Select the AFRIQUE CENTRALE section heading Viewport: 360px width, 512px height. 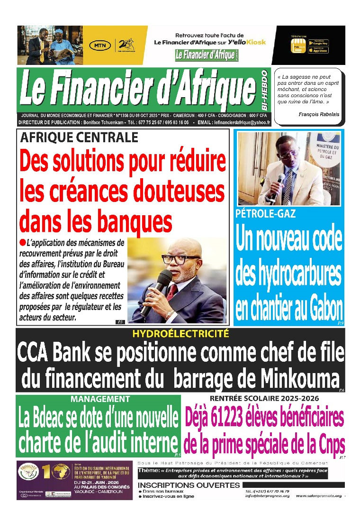click(79, 137)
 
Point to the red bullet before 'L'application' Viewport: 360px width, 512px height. click(22, 242)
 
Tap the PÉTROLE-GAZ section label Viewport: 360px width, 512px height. click(265, 214)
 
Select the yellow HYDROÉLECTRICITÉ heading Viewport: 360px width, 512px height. click(180, 334)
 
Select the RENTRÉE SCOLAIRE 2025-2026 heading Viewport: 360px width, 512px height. click(264, 398)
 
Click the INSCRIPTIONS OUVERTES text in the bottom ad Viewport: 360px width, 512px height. click(189, 485)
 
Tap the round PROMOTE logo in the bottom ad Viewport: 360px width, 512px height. click(28, 471)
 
